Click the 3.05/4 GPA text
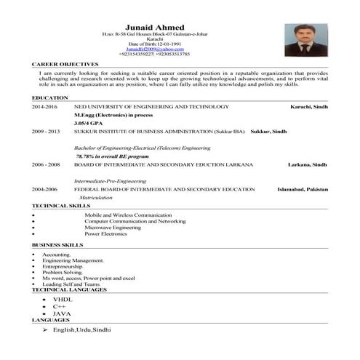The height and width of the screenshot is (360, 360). tap(87, 123)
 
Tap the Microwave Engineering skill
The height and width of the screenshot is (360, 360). tap(115, 228)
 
